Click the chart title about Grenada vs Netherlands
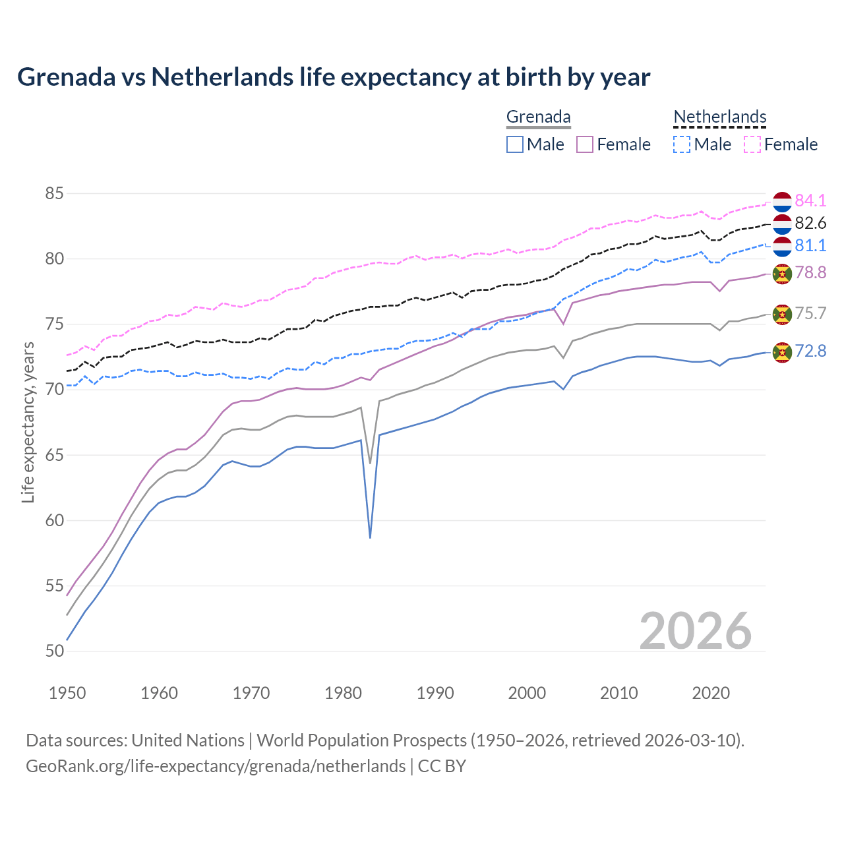334,77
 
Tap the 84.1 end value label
810,200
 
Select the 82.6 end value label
810,223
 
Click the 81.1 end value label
810,245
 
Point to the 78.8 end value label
810,272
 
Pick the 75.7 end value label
810,313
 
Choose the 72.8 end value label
810,351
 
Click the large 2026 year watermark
696,631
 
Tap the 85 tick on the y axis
54,194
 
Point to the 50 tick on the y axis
54,651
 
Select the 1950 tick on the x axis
67,693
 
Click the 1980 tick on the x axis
343,693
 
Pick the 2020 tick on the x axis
710,693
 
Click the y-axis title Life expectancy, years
28,422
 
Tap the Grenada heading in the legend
538,117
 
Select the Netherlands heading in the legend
719,117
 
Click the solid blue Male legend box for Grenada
515,144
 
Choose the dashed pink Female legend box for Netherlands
752,144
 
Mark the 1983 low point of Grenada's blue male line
370,537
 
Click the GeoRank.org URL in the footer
216,766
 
